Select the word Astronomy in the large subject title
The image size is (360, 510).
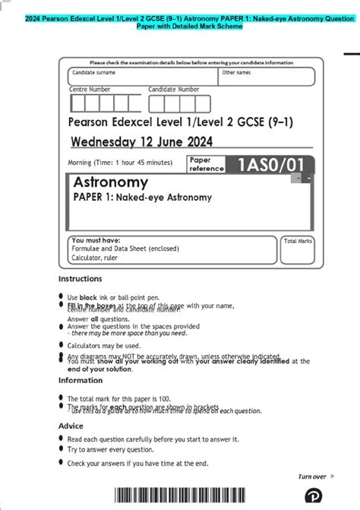click(x=110, y=183)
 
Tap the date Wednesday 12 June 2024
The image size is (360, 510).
click(x=141, y=141)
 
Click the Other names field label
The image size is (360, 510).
click(x=236, y=73)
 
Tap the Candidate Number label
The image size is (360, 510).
click(x=174, y=89)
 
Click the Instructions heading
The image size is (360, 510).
click(x=80, y=279)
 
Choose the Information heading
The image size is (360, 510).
click(x=81, y=380)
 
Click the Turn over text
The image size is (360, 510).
click(x=312, y=477)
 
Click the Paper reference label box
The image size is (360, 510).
click(x=206, y=164)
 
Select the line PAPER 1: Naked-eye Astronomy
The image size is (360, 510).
click(x=142, y=198)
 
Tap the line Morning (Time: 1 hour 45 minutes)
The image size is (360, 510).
click(x=120, y=163)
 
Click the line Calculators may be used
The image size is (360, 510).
click(x=104, y=345)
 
